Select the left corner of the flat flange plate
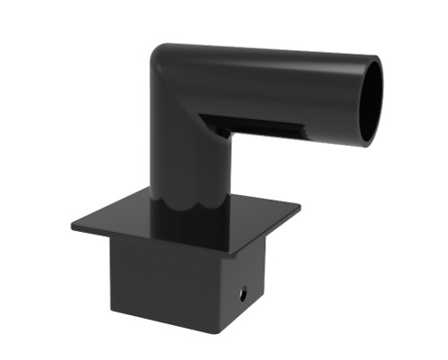pyautogui.click(x=73, y=225)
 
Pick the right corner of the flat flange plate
pyautogui.click(x=299, y=211)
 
